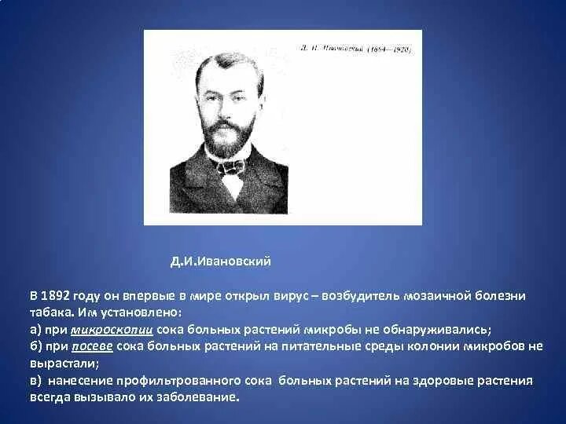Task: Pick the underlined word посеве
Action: point(93,346)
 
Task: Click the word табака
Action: point(49,313)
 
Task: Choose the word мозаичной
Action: point(441,295)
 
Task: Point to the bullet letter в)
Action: point(36,381)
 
